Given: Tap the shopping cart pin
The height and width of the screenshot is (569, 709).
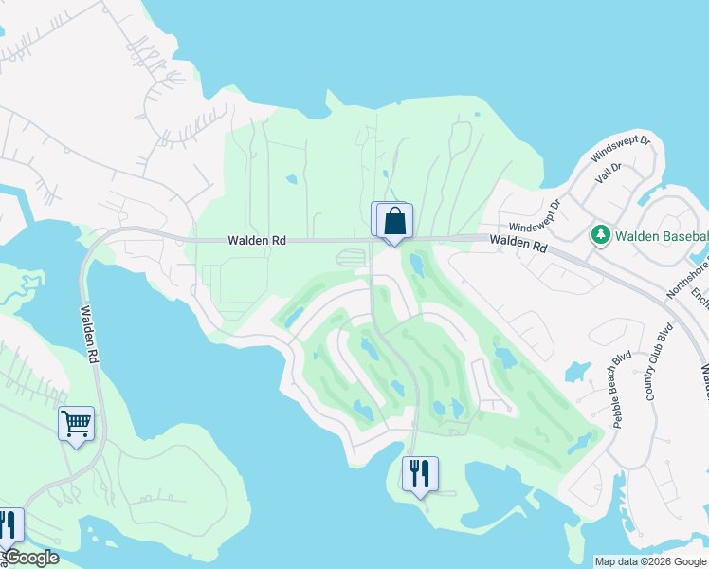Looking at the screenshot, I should tap(76, 423).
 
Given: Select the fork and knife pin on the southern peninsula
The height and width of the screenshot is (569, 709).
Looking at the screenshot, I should tap(420, 472).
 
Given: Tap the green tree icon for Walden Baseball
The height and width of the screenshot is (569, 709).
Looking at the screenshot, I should tap(600, 234).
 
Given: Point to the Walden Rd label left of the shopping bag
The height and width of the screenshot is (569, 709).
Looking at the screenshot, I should tap(257, 241).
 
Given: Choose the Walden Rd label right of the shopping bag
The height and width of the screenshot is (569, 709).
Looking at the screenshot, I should tap(519, 246).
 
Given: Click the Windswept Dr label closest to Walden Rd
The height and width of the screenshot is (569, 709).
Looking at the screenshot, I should tap(535, 217).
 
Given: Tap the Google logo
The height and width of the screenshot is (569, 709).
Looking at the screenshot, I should tap(30, 558).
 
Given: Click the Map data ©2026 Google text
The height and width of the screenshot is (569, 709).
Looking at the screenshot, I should tap(650, 561).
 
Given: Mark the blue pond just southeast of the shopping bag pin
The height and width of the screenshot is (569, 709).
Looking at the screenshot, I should tap(417, 263).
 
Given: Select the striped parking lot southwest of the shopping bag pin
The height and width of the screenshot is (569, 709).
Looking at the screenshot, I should tap(351, 257).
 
